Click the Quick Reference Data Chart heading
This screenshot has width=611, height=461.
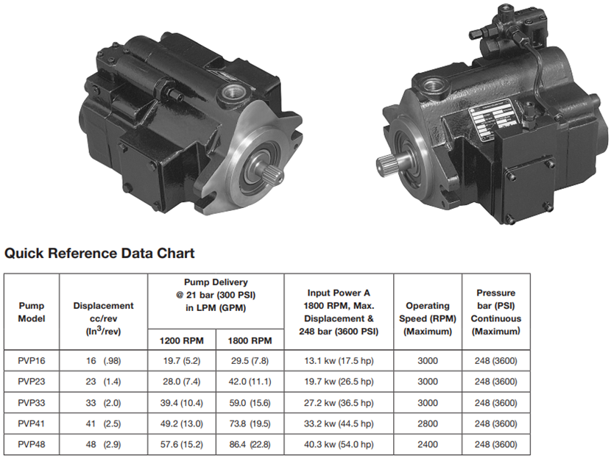pyautogui.click(x=99, y=253)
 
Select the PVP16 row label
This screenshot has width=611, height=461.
pyautogui.click(x=32, y=360)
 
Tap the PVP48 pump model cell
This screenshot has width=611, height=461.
pyautogui.click(x=32, y=444)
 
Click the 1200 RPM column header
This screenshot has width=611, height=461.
pyautogui.click(x=182, y=341)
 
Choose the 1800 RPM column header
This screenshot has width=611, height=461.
pyautogui.click(x=250, y=341)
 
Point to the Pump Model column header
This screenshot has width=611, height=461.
pyautogui.click(x=32, y=312)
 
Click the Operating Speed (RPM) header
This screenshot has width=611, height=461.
pyautogui.click(x=428, y=318)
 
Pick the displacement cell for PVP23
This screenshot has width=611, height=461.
pyautogui.click(x=103, y=382)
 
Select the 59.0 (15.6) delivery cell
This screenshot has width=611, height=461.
pyautogui.click(x=250, y=403)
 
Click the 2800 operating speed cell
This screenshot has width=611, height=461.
pyautogui.click(x=428, y=424)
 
